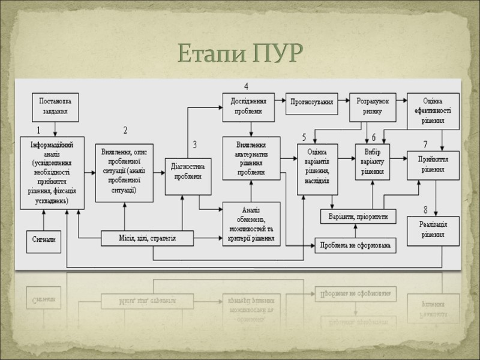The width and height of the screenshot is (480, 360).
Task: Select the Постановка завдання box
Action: [55, 106]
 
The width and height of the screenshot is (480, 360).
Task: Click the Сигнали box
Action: [44, 239]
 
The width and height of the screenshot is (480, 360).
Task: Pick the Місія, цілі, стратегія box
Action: [147, 239]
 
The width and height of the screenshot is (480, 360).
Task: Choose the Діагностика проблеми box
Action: [188, 171]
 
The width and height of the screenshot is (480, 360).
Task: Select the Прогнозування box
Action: [312, 102]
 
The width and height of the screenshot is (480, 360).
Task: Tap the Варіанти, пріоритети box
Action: [359, 215]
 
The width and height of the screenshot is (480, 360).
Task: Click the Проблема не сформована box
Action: [356, 245]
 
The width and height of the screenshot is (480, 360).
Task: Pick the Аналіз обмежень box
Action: [251, 224]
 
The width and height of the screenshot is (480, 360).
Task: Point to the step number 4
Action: [246, 86]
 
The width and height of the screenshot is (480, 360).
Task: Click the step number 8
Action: [425, 210]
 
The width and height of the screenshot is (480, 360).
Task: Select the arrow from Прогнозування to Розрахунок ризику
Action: [344, 102]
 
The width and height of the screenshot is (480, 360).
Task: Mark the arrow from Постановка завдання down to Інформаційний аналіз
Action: [55, 127]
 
